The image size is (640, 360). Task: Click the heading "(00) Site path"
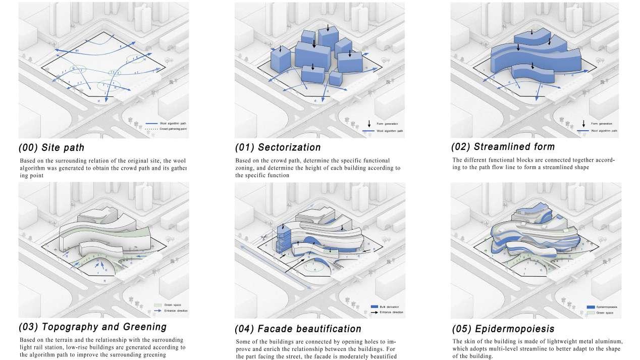coord(51,148)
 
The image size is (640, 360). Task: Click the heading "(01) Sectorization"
coord(278,147)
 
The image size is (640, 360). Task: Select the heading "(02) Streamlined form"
coord(503,147)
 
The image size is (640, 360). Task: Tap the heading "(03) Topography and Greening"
coord(92,327)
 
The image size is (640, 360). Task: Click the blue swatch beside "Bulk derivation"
coord(375,306)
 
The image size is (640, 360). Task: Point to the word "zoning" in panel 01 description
coord(247,168)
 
